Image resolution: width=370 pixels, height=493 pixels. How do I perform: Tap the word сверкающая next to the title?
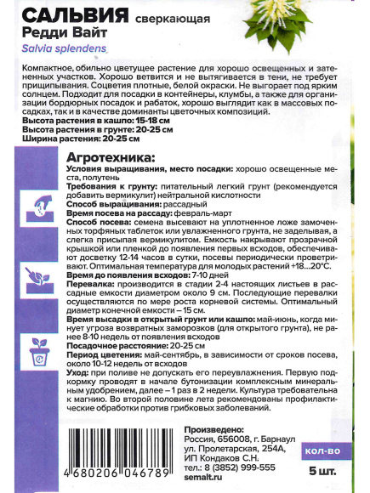click(x=174, y=16)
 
